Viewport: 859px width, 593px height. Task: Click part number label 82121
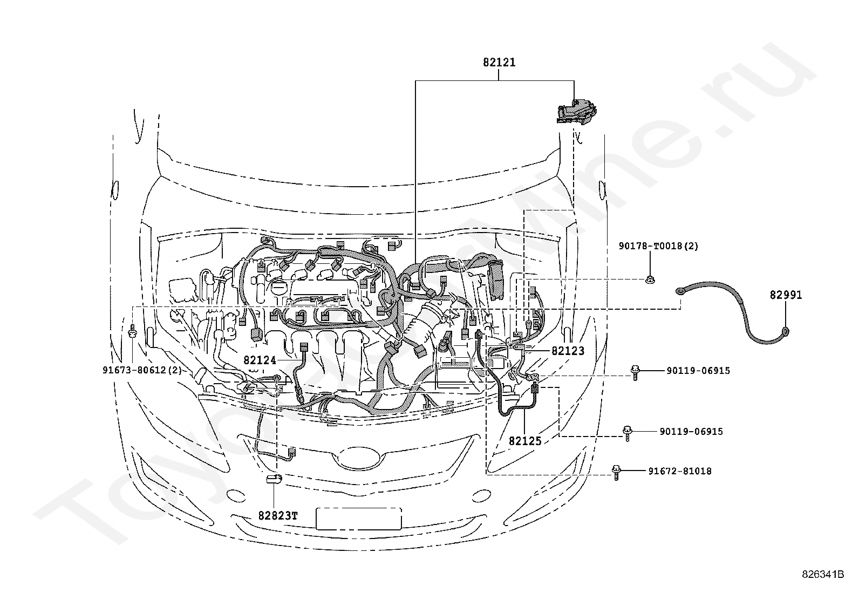(x=499, y=62)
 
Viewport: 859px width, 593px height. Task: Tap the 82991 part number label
(x=786, y=295)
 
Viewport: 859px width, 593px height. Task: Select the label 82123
(x=568, y=351)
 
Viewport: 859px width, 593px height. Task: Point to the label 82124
(x=260, y=360)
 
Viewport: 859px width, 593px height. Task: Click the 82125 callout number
(x=525, y=441)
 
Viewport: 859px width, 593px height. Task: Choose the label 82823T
(x=278, y=515)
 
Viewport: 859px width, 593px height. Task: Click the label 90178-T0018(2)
(x=658, y=246)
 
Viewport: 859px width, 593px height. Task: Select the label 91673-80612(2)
(x=142, y=370)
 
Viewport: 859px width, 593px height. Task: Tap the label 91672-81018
(x=680, y=471)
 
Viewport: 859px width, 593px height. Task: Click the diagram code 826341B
(x=823, y=574)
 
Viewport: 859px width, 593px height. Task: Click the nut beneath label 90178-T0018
(x=650, y=280)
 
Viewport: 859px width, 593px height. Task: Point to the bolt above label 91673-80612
(x=132, y=331)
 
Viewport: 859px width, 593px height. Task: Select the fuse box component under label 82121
(x=576, y=112)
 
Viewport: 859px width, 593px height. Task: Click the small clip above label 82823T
(x=274, y=479)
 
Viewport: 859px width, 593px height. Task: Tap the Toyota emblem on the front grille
(x=357, y=457)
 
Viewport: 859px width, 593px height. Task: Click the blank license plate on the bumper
(x=359, y=519)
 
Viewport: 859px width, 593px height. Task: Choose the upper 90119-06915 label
(x=698, y=371)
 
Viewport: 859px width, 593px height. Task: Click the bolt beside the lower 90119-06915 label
(x=628, y=433)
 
